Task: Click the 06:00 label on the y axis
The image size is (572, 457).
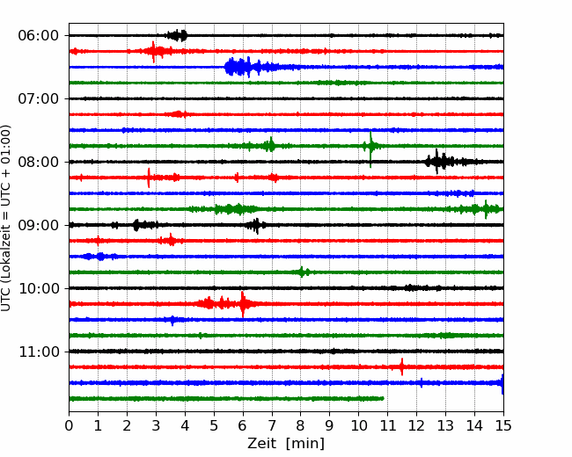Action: [39, 36]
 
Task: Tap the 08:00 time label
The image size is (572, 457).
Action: [39, 162]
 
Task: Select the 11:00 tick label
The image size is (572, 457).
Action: [39, 352]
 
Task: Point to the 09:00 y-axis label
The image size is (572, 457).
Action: [39, 225]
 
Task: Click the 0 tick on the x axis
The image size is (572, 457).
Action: [69, 425]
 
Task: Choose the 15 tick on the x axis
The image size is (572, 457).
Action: [503, 425]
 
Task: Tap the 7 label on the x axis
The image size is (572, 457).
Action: [272, 425]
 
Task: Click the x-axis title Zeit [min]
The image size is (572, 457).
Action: [286, 444]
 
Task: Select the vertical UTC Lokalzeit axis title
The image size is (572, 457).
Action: [5, 218]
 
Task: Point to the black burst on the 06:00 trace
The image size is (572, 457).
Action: [177, 35]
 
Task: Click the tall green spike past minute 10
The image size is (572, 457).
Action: [370, 147]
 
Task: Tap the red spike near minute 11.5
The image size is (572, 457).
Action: [401, 366]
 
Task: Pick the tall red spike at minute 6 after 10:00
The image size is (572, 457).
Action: [243, 303]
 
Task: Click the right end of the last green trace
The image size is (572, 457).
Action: [383, 399]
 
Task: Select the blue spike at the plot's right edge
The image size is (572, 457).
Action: [502, 383]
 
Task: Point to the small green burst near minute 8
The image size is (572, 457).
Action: [302, 272]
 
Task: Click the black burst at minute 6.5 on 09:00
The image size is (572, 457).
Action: [256, 225]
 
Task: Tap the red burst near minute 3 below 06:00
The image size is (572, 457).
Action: [155, 51]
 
